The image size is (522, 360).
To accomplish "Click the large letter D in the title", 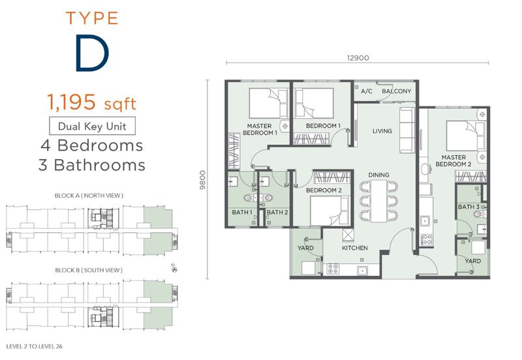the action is pos(92,53).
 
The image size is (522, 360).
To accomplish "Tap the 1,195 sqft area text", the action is pos(91,102).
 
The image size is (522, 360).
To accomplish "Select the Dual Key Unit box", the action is pos(92,126).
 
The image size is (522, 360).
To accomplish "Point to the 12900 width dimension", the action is pos(358,58).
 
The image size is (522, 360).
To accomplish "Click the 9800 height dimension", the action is pos(203,180).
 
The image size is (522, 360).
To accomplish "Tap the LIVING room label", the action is pos(382,131).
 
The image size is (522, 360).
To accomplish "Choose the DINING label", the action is pos(378,175).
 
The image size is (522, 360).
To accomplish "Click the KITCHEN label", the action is pos(355,248).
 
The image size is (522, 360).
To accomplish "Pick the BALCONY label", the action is pos(397,91).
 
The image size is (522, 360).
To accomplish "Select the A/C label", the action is pos(367,91).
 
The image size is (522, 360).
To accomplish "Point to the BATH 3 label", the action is pos(468,207).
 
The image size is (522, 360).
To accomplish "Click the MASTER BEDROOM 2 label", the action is pos(453,160).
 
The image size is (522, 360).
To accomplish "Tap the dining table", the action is pos(379,201).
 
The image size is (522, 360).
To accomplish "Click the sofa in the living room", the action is pos(407,130).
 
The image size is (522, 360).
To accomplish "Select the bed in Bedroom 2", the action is pos(330,211).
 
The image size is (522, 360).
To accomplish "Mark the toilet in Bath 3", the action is pos(481,214).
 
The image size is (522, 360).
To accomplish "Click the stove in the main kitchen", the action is pos(332,269).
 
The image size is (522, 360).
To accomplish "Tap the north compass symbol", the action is pos(174,269).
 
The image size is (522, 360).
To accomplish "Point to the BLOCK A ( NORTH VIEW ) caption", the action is pos(89,196).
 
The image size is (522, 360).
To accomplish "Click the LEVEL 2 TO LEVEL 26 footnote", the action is pos(35,346).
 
